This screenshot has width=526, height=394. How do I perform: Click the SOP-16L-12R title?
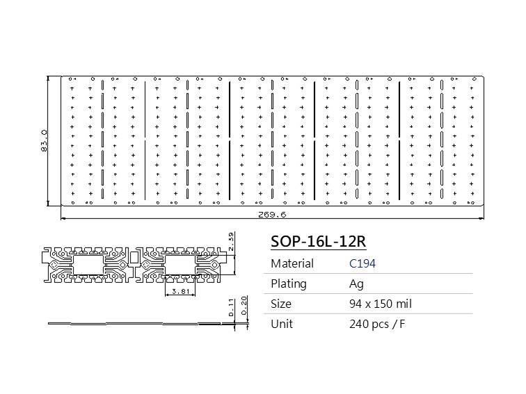(x=318, y=241)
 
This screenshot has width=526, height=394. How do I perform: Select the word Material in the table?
(x=292, y=263)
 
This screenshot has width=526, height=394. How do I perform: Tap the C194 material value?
(x=362, y=263)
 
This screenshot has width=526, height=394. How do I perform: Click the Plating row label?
(x=289, y=284)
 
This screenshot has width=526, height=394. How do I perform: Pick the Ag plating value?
(x=356, y=284)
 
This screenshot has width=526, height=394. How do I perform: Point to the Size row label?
(x=281, y=304)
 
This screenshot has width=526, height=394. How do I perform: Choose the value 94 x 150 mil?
(x=380, y=304)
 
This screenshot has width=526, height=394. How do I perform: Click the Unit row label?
(x=282, y=324)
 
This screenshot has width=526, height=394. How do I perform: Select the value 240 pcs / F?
(x=377, y=324)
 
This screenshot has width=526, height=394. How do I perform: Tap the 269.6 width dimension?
(x=272, y=215)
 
